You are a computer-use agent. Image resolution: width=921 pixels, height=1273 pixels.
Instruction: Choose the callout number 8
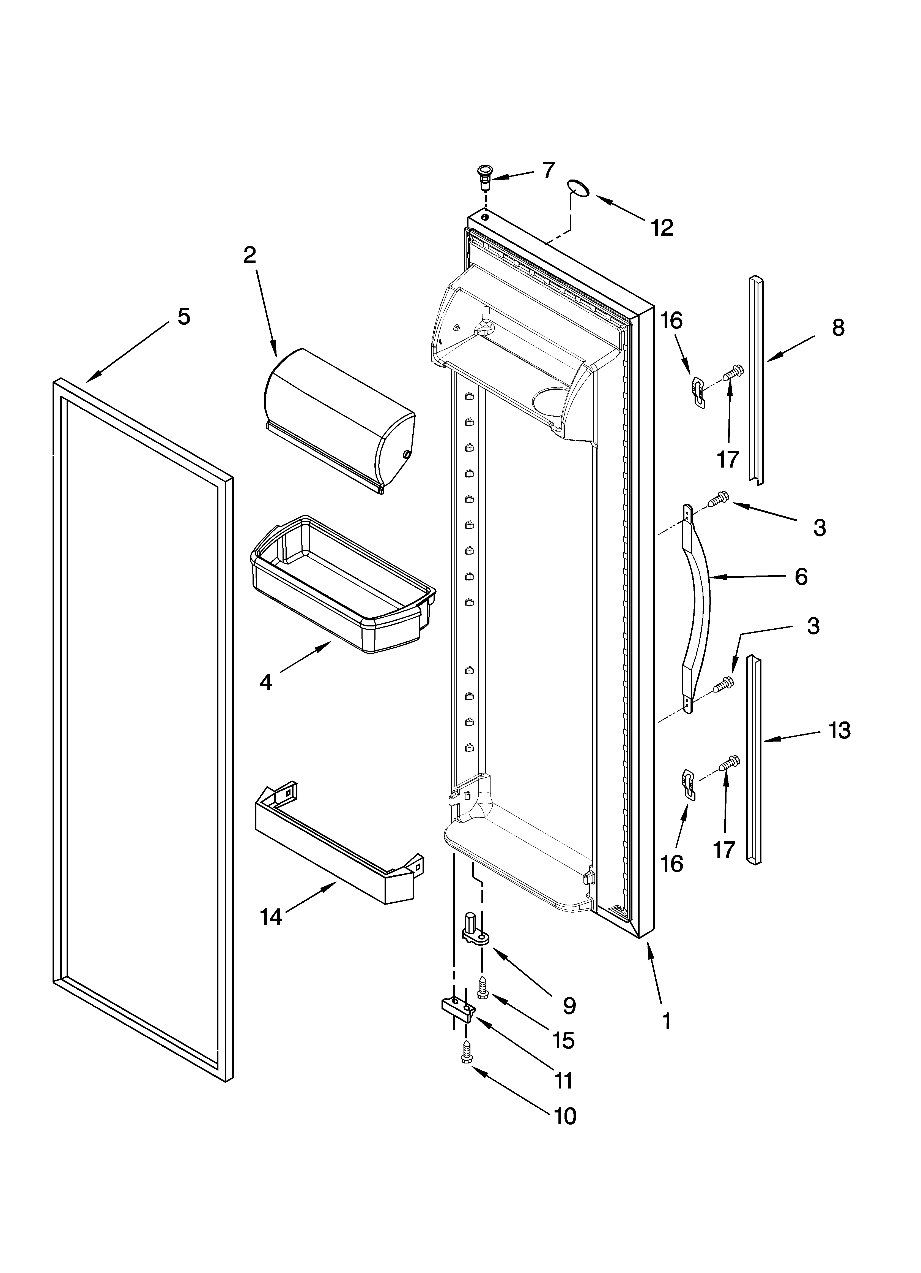(x=838, y=328)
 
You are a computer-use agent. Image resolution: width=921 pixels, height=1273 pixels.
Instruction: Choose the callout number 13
(x=840, y=730)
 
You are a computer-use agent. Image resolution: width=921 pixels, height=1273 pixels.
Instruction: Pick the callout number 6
(x=801, y=576)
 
